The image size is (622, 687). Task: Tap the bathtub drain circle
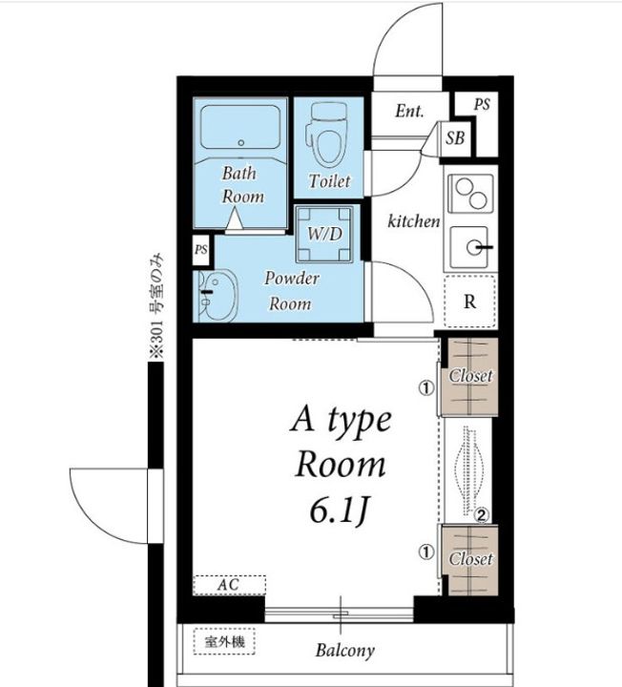pyautogui.click(x=240, y=143)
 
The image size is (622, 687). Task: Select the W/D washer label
pyautogui.click(x=324, y=234)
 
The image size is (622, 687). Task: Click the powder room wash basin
pyautogui.click(x=216, y=295)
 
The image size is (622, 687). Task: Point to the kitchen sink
pyautogui.click(x=469, y=247)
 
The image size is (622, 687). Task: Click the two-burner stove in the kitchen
pyautogui.click(x=471, y=194)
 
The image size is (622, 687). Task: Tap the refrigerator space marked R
pyautogui.click(x=470, y=302)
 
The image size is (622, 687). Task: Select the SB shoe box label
pyautogui.click(x=455, y=138)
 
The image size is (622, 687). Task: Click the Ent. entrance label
pyautogui.click(x=409, y=111)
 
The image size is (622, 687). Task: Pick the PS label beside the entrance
pyautogui.click(x=482, y=105)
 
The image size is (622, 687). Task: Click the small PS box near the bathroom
pyautogui.click(x=201, y=250)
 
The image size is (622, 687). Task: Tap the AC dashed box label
pyautogui.click(x=229, y=585)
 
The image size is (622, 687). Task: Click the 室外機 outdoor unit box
pyautogui.click(x=224, y=642)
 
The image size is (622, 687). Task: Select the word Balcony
pyautogui.click(x=345, y=650)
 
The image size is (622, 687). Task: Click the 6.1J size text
pyautogui.click(x=338, y=511)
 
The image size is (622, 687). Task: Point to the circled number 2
pyautogui.click(x=482, y=515)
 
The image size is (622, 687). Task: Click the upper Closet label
pyautogui.click(x=471, y=376)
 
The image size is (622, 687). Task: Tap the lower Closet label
pyautogui.click(x=471, y=559)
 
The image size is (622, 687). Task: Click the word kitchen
pyautogui.click(x=414, y=221)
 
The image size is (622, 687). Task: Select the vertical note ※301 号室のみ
pyautogui.click(x=156, y=306)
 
